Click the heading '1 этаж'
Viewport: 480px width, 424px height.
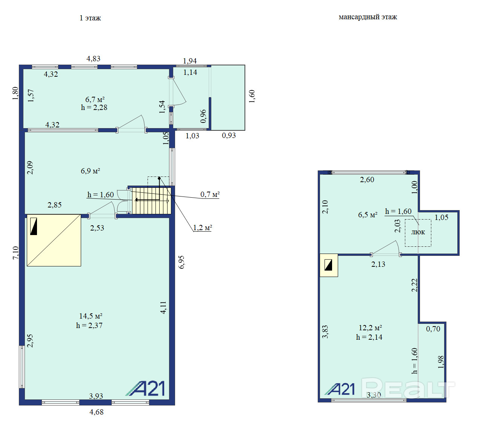pyautogui.click(x=90, y=18)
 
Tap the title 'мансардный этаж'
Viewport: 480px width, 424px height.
pyautogui.click(x=368, y=17)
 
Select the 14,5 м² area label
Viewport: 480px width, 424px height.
pyautogui.click(x=91, y=316)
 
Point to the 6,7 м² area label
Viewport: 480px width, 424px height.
pyautogui.click(x=95, y=99)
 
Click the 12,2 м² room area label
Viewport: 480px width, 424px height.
pyautogui.click(x=370, y=328)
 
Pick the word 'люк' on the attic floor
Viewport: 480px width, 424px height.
pyautogui.click(x=418, y=232)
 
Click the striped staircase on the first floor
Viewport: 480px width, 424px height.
pyautogui.click(x=151, y=201)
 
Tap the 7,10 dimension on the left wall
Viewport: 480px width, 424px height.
pyautogui.click(x=15, y=253)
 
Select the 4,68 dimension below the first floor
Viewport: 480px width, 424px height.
pyautogui.click(x=97, y=412)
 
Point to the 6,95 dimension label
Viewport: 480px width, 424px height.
pyautogui.click(x=182, y=262)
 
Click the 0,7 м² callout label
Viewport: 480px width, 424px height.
pyautogui.click(x=210, y=194)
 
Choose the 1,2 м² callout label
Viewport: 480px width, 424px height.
pyautogui.click(x=203, y=227)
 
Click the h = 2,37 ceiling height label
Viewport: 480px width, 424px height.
pyautogui.click(x=89, y=325)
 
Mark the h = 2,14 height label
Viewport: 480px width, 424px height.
pyautogui.click(x=369, y=337)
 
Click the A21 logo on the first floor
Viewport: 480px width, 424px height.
pyautogui.click(x=145, y=388)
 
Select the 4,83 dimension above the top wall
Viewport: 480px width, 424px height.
pyautogui.click(x=93, y=59)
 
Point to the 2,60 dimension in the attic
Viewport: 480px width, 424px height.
pyautogui.click(x=367, y=180)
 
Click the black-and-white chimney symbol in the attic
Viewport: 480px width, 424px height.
pyautogui.click(x=328, y=265)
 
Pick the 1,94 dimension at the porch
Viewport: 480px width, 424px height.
pyautogui.click(x=190, y=61)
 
